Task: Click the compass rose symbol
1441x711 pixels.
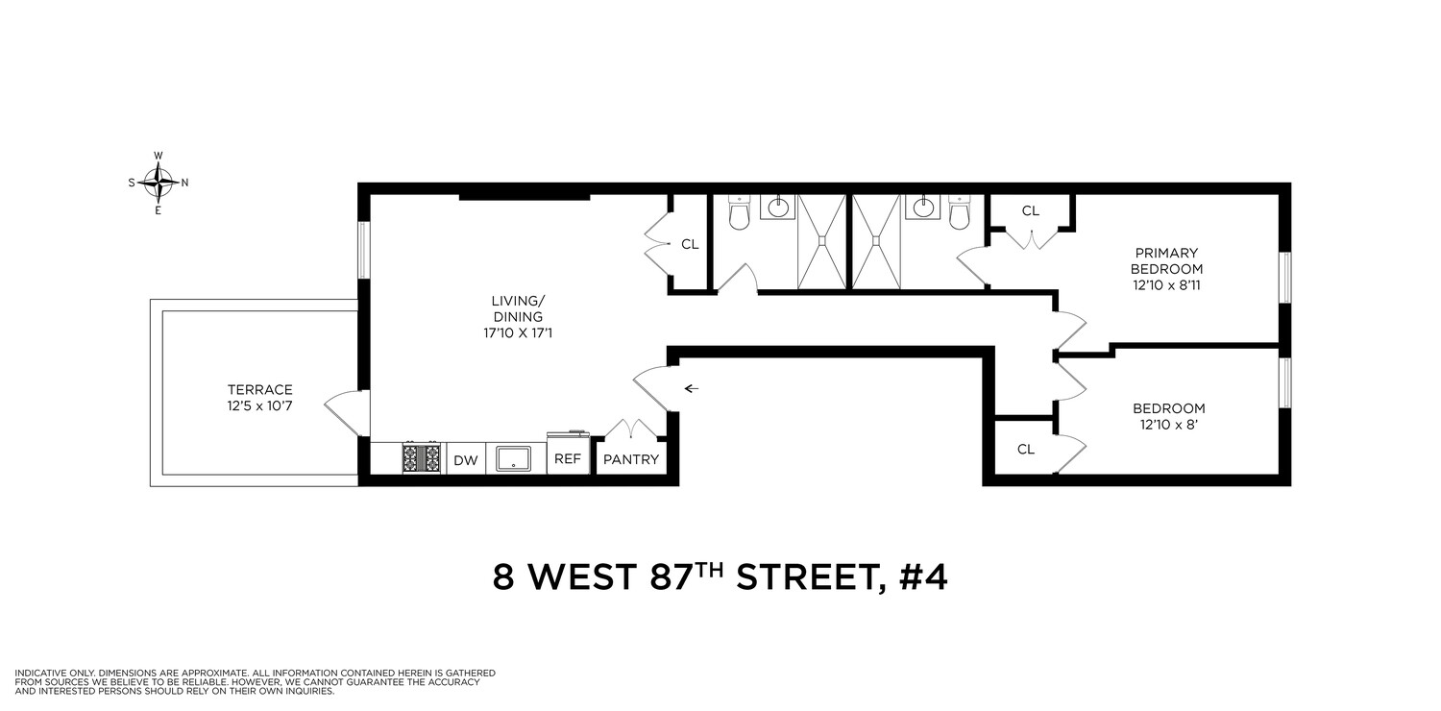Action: tap(158, 182)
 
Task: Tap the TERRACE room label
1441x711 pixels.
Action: tap(259, 389)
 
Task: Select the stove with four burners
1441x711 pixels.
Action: tap(421, 458)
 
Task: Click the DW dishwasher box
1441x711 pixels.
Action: tap(465, 460)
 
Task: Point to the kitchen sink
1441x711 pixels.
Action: tap(514, 458)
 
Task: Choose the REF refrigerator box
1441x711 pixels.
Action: tap(568, 459)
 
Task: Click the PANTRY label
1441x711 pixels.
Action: tap(631, 459)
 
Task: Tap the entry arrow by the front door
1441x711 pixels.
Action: tap(692, 388)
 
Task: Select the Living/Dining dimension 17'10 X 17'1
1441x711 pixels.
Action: tap(517, 332)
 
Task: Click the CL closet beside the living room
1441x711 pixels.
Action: tap(690, 244)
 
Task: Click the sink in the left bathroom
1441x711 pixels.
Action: tap(777, 208)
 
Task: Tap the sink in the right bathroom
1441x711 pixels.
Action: tap(922, 208)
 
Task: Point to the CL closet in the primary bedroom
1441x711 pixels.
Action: tap(1031, 210)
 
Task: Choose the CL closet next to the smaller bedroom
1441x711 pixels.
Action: tap(1025, 449)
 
